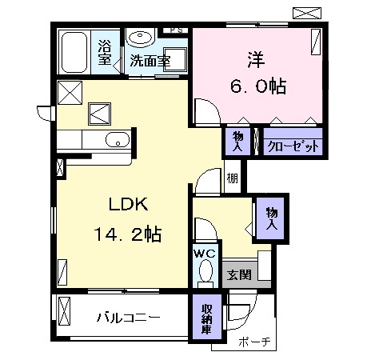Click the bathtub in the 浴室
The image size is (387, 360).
coord(74,52)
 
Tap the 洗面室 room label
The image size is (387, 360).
coord(150,61)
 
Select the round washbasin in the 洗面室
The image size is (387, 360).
coord(140,38)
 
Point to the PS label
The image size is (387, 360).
coord(177,30)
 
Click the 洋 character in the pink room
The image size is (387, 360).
coord(256,60)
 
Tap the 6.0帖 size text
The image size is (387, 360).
coord(258,86)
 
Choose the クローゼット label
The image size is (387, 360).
coord(293,146)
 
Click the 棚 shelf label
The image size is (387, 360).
coord(232,178)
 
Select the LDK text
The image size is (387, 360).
coord(129,205)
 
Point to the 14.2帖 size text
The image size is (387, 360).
coord(128,234)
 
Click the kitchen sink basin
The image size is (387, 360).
coord(118,140)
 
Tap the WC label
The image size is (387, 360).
coord(205,254)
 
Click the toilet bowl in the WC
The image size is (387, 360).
coord(205,271)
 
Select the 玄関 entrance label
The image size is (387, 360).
coord(239,274)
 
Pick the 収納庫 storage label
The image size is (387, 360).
coord(206,319)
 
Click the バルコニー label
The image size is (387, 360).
coord(128,318)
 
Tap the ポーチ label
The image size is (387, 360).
coord(254,342)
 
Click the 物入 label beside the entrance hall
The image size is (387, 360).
coord(272,219)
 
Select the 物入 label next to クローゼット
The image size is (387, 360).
coord(237,142)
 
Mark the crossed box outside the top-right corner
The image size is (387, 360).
coord(307,13)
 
